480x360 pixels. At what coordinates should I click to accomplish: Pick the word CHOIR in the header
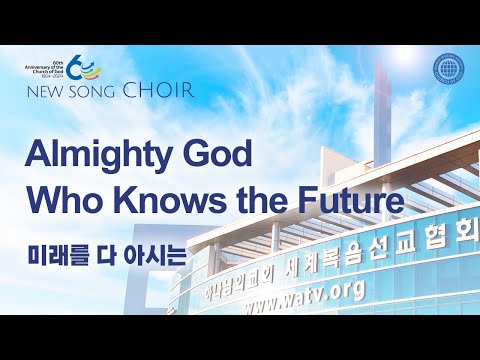coord(158,90)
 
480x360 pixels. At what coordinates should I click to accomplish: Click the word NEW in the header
coord(47,91)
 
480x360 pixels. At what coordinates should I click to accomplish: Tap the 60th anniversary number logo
coord(85,70)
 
